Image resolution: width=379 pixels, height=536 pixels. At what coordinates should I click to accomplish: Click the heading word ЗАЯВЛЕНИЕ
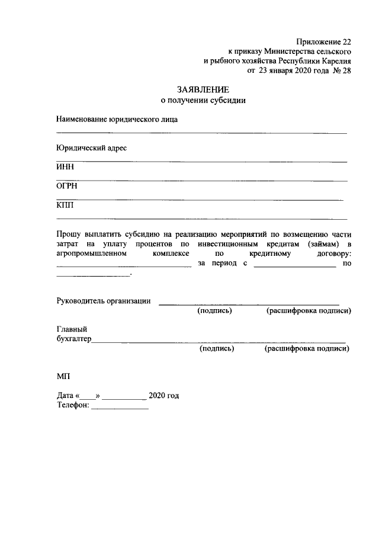(203, 89)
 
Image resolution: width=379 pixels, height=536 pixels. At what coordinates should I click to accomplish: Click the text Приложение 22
(323, 41)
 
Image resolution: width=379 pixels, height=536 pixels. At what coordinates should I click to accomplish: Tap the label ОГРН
(68, 186)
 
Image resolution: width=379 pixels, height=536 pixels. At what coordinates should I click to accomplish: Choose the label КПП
(66, 206)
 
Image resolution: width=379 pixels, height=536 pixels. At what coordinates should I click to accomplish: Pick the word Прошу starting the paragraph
(68, 235)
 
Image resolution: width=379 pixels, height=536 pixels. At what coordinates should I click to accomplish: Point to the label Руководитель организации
(104, 300)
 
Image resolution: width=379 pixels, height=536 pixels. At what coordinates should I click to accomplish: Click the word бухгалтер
(74, 339)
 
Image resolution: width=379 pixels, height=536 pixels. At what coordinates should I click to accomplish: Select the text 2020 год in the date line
(164, 395)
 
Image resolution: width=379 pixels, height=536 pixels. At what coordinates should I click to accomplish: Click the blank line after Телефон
(120, 407)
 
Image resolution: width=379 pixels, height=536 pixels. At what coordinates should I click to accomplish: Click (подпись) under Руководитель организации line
(214, 310)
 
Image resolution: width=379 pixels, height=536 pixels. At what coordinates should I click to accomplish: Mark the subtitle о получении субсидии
(203, 100)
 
